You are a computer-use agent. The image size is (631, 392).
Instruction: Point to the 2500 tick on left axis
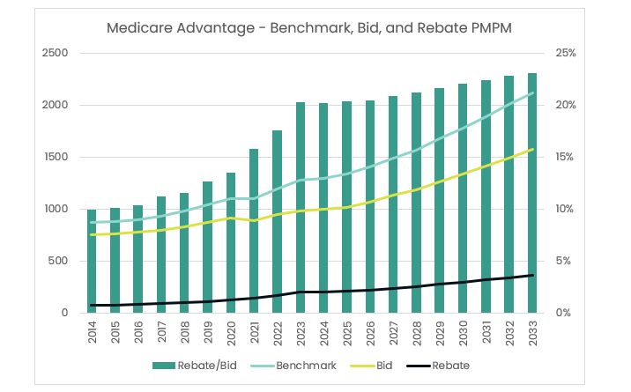(55, 53)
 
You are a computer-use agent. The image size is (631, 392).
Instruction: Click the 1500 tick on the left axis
(55, 157)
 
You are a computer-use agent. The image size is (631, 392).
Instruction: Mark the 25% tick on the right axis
(565, 53)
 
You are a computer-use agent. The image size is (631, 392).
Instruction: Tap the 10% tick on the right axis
(565, 209)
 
